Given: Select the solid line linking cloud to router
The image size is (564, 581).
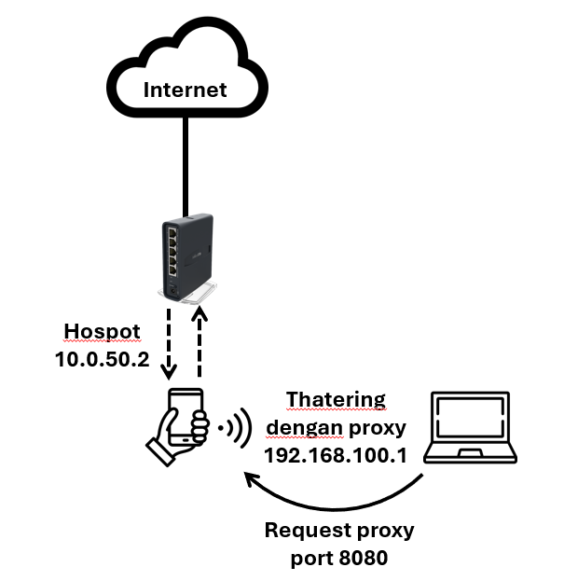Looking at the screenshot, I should tap(186, 168).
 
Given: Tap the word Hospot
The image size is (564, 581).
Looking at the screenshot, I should tap(103, 331).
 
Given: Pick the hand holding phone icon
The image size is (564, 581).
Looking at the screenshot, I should tap(180, 427).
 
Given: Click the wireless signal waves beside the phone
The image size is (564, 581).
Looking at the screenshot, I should tap(235, 428).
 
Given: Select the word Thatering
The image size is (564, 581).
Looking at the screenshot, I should tap(336, 399).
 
